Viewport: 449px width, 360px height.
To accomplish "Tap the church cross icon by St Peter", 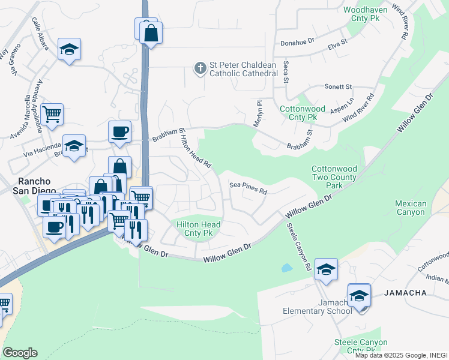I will tap(200, 68).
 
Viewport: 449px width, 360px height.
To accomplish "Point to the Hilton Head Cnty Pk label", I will tap(199, 229).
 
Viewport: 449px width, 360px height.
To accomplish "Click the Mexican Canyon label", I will tap(411, 208).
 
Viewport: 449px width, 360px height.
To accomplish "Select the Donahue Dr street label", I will tap(298, 43).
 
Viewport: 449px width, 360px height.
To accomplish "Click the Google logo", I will tap(20, 353).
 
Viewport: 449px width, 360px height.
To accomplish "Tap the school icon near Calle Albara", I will tap(70, 49).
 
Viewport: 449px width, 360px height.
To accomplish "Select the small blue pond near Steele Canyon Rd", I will tap(287, 268).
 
